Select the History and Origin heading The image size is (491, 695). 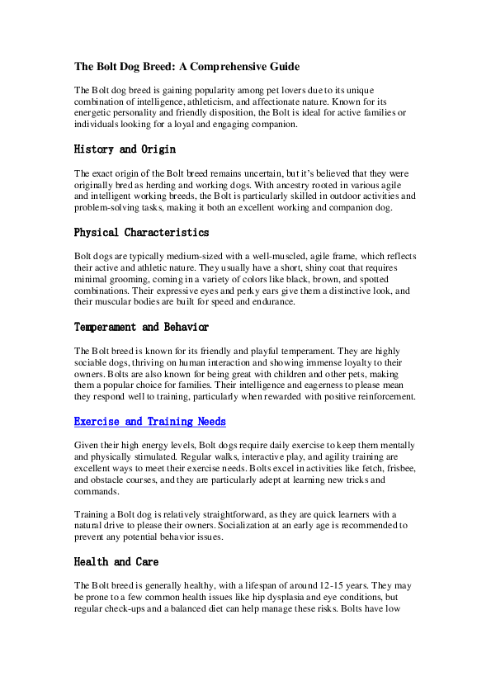coord(125,149)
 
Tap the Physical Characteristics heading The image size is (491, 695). coord(141,232)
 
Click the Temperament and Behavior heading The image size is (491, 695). coord(141,327)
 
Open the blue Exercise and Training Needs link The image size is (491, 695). coord(149,421)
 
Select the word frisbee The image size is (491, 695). coord(385,468)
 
